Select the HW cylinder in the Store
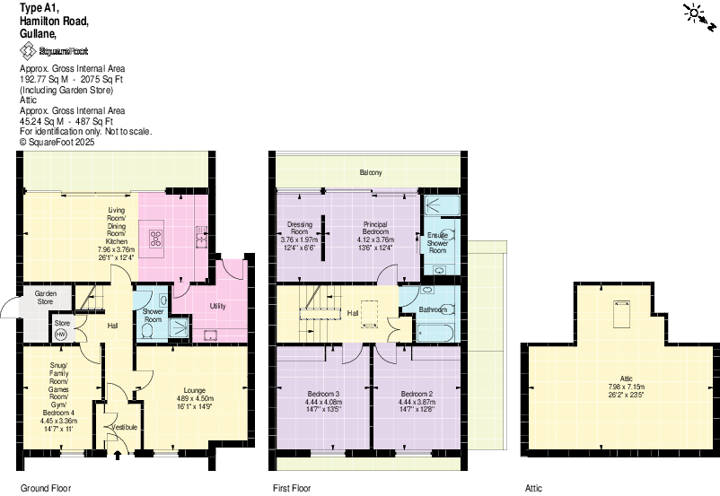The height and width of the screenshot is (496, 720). click(x=61, y=334)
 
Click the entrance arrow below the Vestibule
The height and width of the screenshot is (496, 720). click(x=118, y=455)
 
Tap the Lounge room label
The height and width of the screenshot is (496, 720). click(x=193, y=390)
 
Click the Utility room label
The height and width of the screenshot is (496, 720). click(x=217, y=306)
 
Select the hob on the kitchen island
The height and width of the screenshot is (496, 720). click(x=155, y=238)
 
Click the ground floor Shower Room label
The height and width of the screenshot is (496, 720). click(x=153, y=315)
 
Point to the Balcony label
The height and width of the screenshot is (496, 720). click(x=371, y=172)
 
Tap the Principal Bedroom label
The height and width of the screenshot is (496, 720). click(x=375, y=228)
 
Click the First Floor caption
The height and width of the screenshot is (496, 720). click(x=291, y=489)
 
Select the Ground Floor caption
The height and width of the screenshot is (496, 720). click(x=45, y=489)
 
